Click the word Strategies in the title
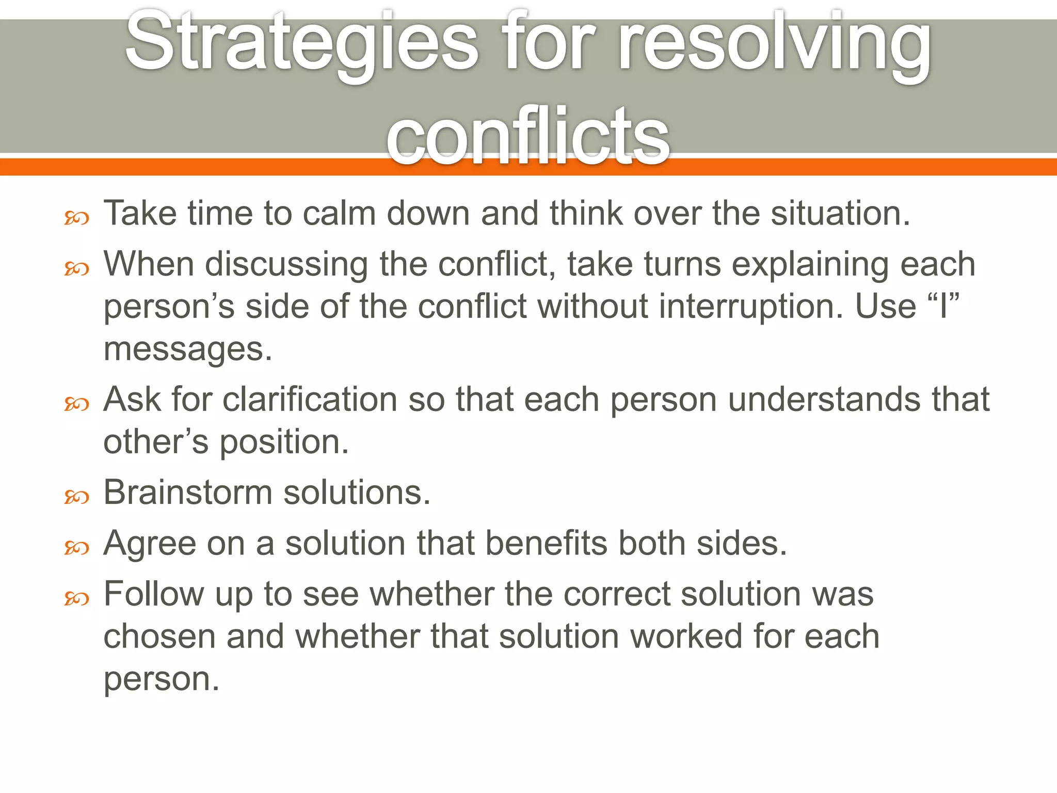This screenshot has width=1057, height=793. point(302,44)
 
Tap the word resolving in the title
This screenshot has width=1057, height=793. point(774,44)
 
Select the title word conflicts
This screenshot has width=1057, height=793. point(527,137)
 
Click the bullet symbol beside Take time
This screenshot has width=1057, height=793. point(77,218)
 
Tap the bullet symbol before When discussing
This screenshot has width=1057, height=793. point(77,268)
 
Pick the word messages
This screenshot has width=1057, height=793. point(187,350)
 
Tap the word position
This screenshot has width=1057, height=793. point(284,443)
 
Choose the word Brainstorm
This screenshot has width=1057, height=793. point(187,492)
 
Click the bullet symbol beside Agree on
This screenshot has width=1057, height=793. point(77,548)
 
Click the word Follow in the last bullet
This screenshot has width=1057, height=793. point(153,594)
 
